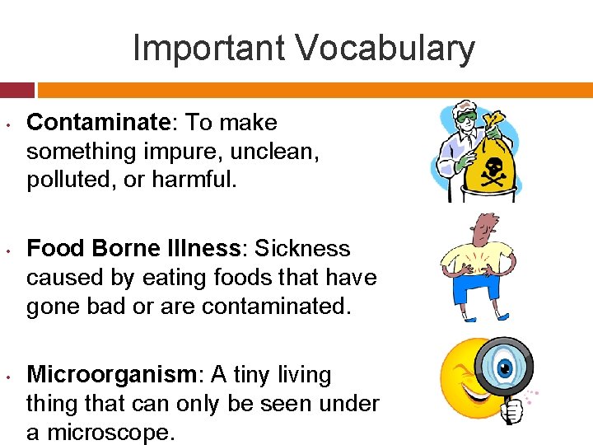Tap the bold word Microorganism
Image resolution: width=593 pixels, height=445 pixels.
[110, 375]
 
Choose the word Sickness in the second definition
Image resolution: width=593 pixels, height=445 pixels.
[303, 249]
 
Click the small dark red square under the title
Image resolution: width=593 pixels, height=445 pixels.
[16, 90]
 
